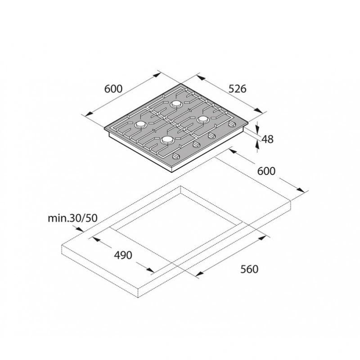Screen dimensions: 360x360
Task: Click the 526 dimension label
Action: pyautogui.click(x=238, y=89)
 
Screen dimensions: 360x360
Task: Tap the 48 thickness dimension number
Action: pyautogui.click(x=267, y=139)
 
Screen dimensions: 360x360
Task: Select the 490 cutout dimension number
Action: pyautogui.click(x=123, y=255)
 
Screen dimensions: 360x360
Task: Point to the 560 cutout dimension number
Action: pyautogui.click(x=249, y=269)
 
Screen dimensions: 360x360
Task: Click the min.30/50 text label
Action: pyautogui.click(x=72, y=218)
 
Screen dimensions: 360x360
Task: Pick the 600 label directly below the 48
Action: pyautogui.click(x=266, y=171)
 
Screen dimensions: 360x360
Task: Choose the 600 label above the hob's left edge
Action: pyautogui.click(x=113, y=89)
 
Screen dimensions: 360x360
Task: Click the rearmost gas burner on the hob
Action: pyautogui.click(x=176, y=104)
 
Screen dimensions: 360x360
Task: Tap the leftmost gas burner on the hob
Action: pyautogui.click(x=140, y=125)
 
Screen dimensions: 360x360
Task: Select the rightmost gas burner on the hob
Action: pyautogui.click(x=203, y=119)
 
